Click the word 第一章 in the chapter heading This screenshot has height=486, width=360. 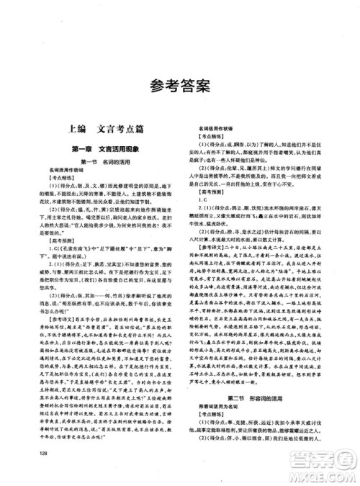point(85,148)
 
